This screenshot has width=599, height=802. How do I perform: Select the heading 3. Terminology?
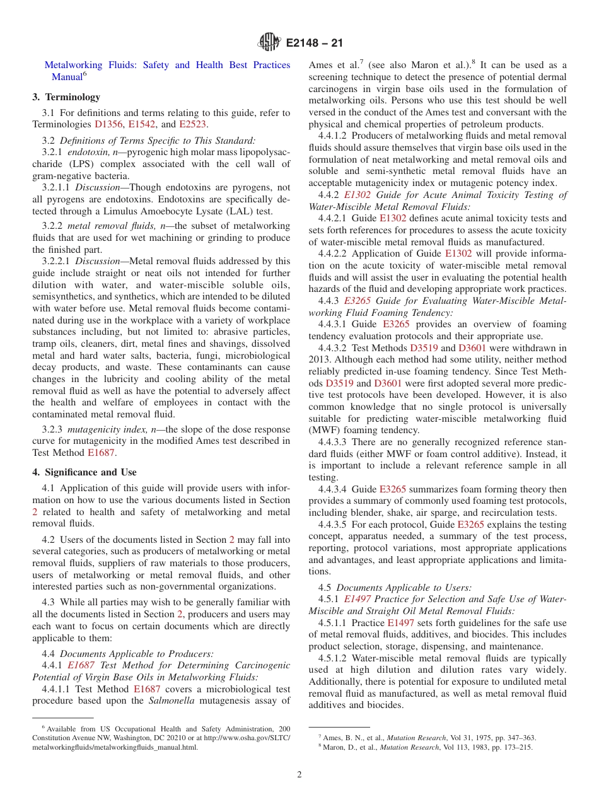coord(66,97)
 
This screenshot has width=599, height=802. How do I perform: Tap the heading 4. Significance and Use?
coord(84,472)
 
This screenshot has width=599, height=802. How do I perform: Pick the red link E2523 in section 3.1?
coord(192,125)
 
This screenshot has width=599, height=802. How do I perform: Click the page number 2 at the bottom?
coord(299,775)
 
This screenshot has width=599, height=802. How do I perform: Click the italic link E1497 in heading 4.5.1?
coord(358,599)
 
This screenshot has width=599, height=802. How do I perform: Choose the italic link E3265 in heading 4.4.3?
coord(358,301)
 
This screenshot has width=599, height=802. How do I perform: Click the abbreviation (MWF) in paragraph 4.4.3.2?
coord(323,431)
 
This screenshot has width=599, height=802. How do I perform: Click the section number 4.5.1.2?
coord(332,658)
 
